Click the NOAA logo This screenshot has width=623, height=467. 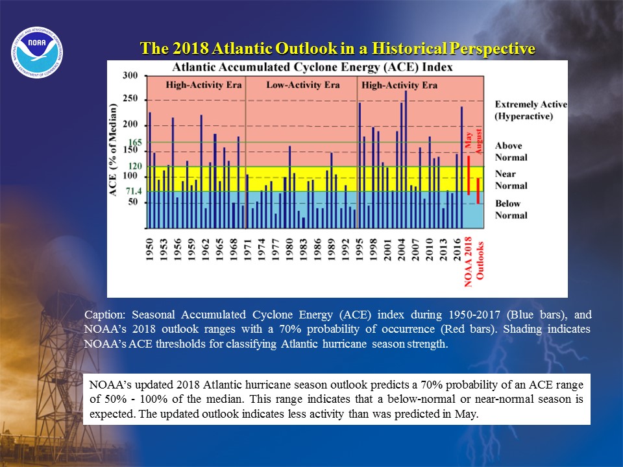pos(37,53)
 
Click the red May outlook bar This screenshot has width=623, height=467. pos(469,175)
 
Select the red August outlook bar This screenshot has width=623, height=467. pos(478,191)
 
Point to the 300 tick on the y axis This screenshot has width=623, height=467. pos(130,75)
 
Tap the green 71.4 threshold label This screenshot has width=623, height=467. pos(134,191)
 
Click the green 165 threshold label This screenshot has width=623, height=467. pos(135,143)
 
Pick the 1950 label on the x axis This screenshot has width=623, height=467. pos(149,250)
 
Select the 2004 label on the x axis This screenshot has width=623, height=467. pos(401,250)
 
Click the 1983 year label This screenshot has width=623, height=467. pos(303,250)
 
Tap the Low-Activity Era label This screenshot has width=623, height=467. pos(303,85)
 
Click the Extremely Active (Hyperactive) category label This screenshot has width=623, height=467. pos(531,110)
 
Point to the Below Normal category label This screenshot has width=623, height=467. pos(511,210)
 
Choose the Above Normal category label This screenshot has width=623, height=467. pos(511,151)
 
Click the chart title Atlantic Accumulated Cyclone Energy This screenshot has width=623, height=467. pos(312,67)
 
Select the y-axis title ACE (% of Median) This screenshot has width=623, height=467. pos(113,150)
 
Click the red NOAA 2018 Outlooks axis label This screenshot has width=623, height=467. pos(474,261)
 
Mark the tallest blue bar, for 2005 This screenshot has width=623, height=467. pos(406,160)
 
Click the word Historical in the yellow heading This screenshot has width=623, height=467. pos(409,48)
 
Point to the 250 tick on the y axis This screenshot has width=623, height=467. pos(130,99)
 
